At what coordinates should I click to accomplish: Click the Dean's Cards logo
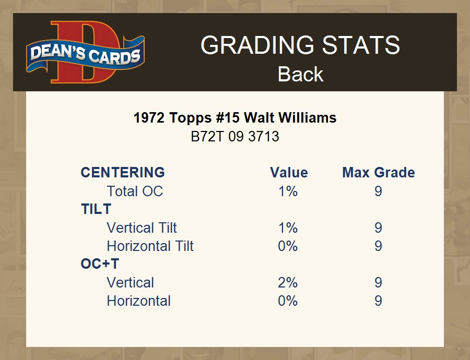click(x=86, y=52)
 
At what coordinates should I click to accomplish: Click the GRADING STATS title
click(x=300, y=45)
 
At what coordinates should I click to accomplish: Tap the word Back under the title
click(x=300, y=74)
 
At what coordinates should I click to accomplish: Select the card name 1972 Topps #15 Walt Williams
click(x=235, y=118)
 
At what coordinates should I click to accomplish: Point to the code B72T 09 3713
click(x=235, y=137)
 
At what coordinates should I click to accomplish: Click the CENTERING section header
click(x=123, y=173)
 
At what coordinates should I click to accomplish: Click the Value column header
click(x=289, y=173)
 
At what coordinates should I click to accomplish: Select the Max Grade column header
click(x=379, y=173)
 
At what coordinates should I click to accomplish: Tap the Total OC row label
click(x=135, y=191)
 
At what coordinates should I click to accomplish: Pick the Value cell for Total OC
click(x=288, y=191)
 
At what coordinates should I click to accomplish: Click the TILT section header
click(x=96, y=209)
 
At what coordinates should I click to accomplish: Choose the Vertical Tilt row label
click(x=142, y=227)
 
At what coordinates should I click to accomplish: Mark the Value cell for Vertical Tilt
click(x=288, y=228)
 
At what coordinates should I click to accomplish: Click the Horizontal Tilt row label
click(x=150, y=246)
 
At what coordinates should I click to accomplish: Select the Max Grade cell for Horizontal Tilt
click(x=378, y=246)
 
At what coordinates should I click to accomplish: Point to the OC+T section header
click(x=100, y=264)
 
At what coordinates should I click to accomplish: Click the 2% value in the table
click(x=288, y=283)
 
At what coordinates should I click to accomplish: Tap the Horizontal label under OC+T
click(x=139, y=301)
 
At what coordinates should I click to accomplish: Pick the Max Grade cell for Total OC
click(x=378, y=191)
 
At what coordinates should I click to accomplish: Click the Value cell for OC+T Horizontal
click(x=288, y=301)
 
